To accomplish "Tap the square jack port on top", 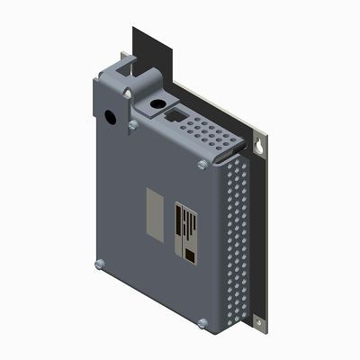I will (x=172, y=115).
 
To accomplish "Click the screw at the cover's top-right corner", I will (x=200, y=164).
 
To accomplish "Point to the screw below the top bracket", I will (x=132, y=124).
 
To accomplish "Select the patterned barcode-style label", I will (x=186, y=231).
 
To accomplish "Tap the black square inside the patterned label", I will (x=191, y=257).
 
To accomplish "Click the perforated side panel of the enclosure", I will (x=235, y=243).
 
